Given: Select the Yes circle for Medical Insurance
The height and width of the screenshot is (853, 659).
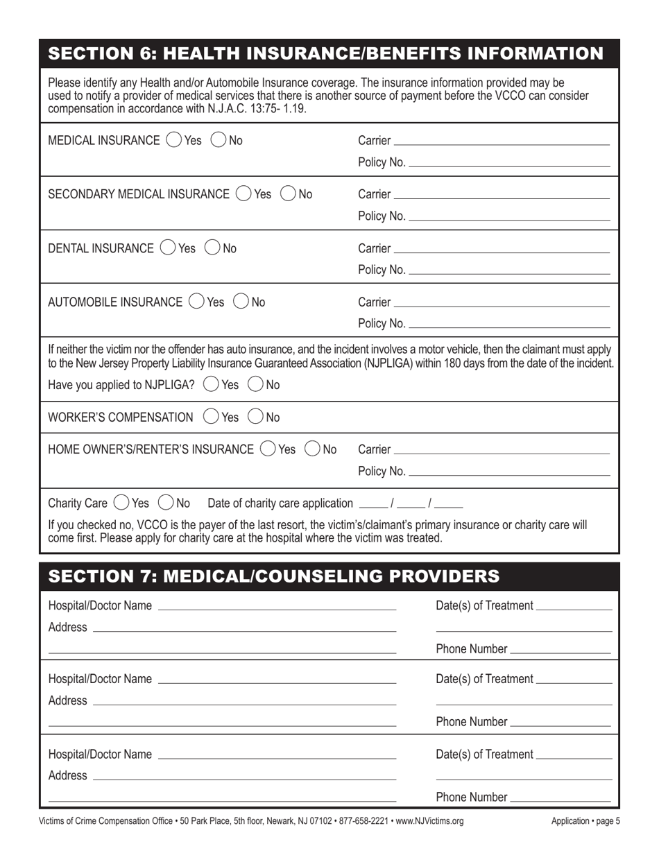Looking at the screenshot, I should tap(173, 141).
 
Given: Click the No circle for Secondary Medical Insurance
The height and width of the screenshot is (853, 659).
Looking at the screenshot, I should tap(288, 194).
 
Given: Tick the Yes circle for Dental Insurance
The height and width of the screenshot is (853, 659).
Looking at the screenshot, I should tap(167, 248).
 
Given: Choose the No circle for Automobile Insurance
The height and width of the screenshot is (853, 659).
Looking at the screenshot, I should tap(241, 302).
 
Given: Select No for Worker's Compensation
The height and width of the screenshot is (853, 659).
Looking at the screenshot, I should tap(255, 417).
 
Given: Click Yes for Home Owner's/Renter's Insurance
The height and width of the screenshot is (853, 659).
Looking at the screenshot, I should tap(267, 449).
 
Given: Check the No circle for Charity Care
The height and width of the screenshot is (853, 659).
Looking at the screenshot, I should tap(166, 503).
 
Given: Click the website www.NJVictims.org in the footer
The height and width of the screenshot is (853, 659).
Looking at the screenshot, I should tap(430, 821).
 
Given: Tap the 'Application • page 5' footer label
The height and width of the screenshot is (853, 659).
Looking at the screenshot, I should tap(585, 821).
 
